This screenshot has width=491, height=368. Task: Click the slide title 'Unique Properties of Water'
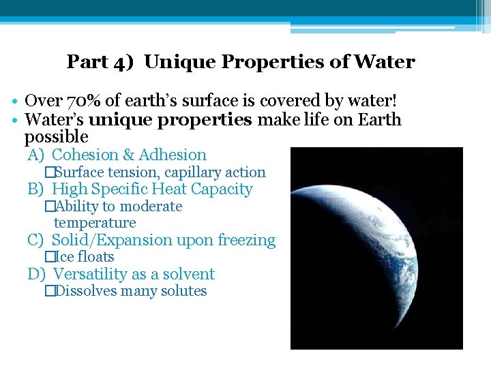tap(280, 62)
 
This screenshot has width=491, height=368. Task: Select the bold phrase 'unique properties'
tap(170, 121)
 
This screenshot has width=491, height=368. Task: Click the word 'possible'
tap(56, 136)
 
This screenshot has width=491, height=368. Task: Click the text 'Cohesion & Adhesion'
tap(129, 155)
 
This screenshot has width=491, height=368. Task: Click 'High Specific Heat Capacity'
tap(152, 189)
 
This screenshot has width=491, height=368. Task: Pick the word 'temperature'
tap(95, 223)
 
